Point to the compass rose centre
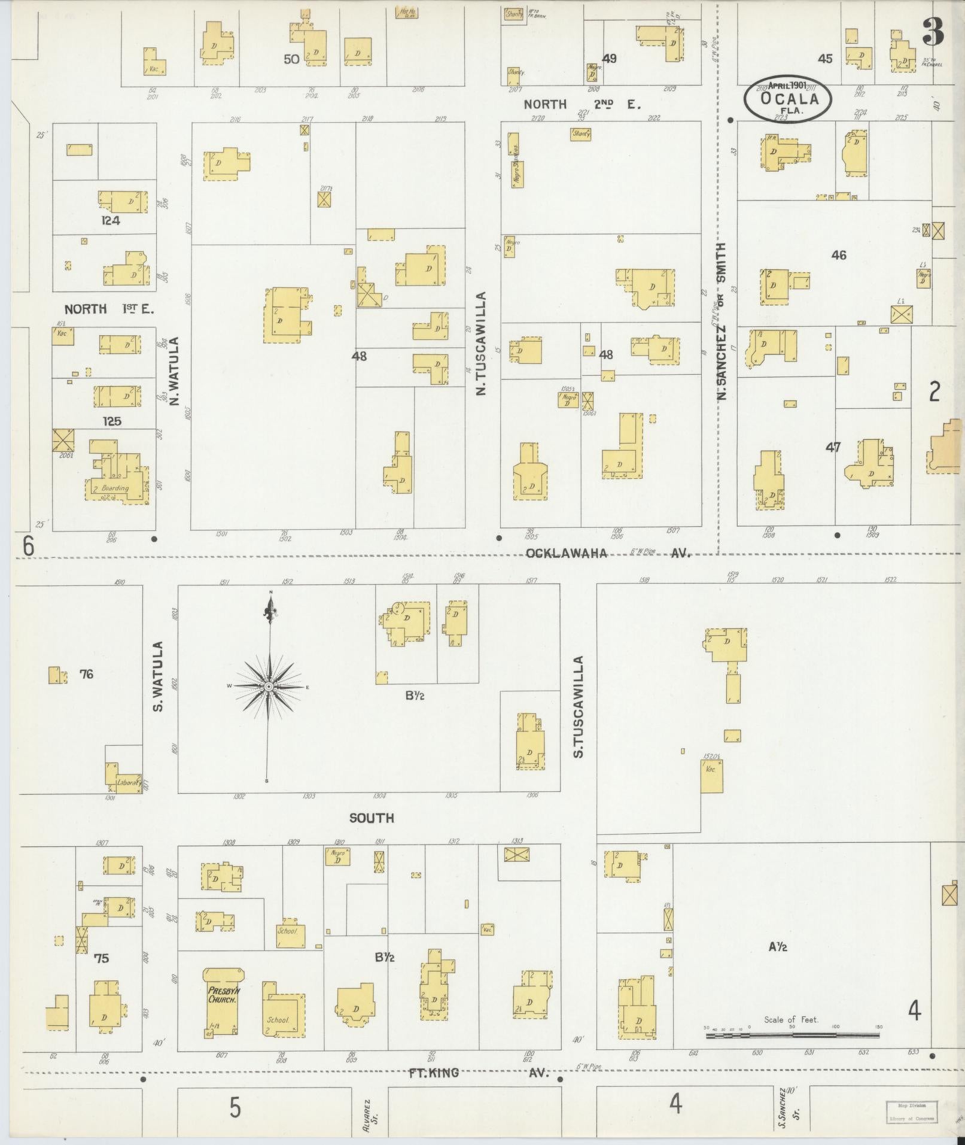click(x=269, y=686)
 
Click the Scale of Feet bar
click(x=793, y=1034)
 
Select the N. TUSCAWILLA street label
click(x=481, y=344)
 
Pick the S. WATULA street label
click(x=158, y=677)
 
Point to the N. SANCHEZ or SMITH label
click(x=722, y=321)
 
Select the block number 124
click(x=111, y=220)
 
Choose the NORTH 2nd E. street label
click(x=582, y=105)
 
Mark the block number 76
click(x=86, y=675)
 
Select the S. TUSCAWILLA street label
click(x=579, y=707)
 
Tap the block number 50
click(x=291, y=59)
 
